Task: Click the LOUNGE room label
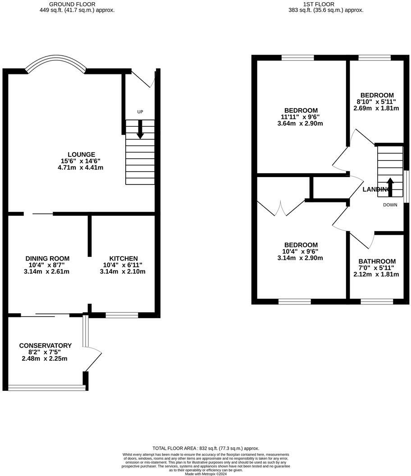[81, 155]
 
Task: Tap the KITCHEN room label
[123, 258]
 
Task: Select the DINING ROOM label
[47, 258]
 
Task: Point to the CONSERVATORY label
[45, 345]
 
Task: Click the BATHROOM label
[377, 261]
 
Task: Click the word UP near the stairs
[140, 112]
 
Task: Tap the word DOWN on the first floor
[390, 205]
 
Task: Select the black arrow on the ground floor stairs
[140, 130]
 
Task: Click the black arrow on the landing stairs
[390, 187]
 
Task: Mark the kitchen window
[122, 315]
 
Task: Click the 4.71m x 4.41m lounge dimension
[81, 168]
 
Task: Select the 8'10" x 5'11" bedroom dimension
[376, 102]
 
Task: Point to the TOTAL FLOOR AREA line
[205, 448]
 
